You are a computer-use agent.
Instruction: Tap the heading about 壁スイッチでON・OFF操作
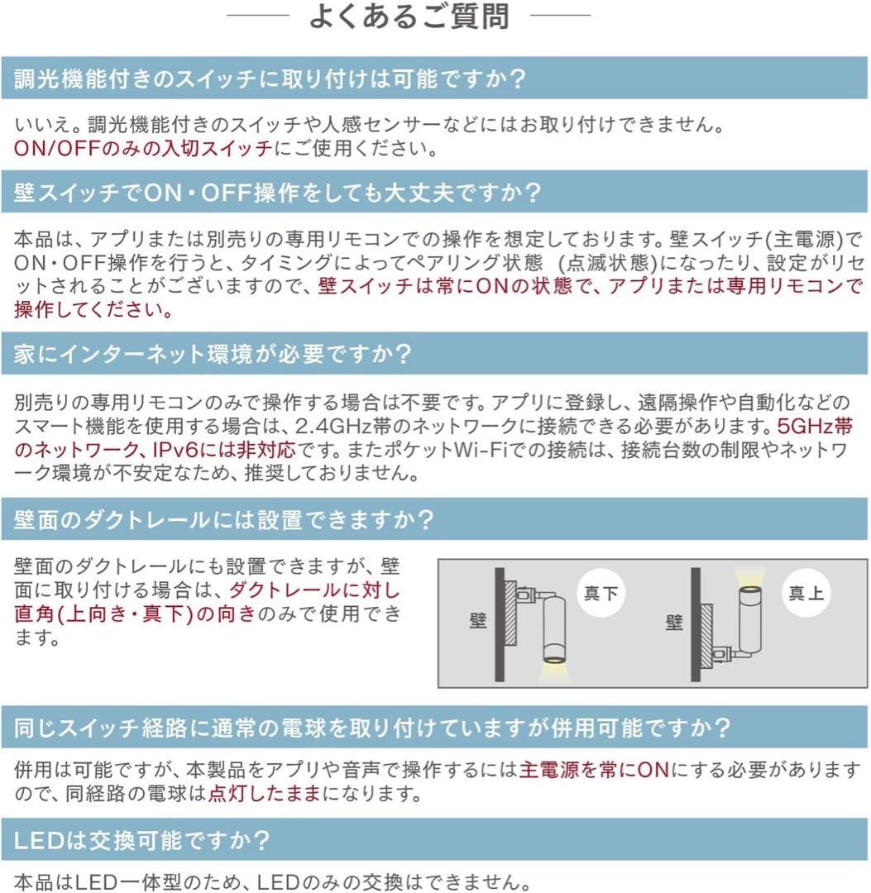(277, 193)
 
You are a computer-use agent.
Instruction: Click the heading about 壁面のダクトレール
(224, 520)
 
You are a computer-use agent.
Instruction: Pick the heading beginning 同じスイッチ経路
(373, 728)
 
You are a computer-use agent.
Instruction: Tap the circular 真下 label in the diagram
(601, 593)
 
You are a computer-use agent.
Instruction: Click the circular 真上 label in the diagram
(806, 593)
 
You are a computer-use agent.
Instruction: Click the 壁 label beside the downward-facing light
(478, 621)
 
